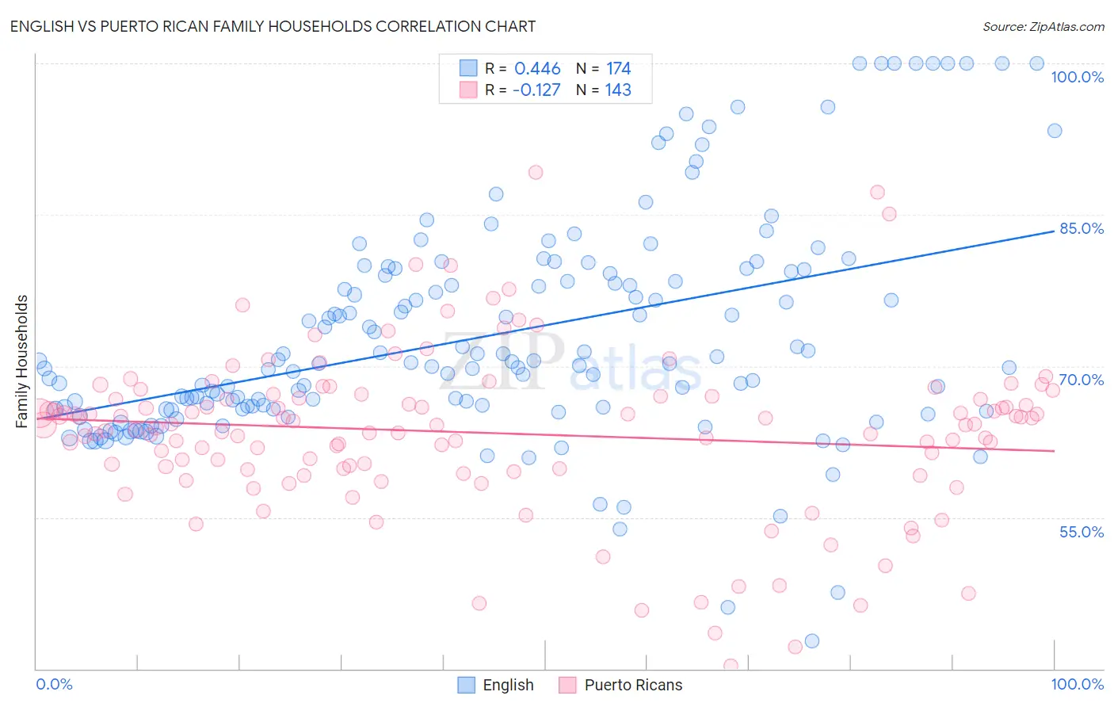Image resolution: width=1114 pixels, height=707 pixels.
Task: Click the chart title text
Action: point(273,26)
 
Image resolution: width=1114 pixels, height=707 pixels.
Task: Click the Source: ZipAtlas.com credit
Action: point(1043,26)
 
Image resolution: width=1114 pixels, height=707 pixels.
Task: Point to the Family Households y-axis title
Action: point(22,361)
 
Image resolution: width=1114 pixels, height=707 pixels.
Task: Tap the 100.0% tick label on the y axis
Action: point(1077,77)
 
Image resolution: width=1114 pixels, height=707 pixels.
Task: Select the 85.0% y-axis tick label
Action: point(1082,228)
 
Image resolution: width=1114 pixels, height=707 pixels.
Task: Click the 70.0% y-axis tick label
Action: point(1082,380)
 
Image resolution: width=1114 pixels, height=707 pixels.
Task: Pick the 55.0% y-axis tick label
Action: point(1082,532)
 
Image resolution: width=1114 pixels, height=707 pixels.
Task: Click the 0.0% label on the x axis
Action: point(54,684)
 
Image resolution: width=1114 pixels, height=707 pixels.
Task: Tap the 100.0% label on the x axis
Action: point(1077,684)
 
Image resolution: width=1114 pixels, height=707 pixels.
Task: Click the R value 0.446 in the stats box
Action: point(537,69)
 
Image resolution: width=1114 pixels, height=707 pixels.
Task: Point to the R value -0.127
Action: point(536,90)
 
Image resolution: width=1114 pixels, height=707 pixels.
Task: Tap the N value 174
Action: point(618,69)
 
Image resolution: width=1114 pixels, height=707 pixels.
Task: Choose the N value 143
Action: point(618,90)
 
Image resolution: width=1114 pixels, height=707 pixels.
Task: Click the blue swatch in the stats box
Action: point(468,69)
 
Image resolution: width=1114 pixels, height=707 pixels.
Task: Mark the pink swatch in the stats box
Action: point(468,90)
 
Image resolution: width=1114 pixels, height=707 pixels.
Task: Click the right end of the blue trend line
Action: point(1054,231)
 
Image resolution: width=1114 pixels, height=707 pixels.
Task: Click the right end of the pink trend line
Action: point(1054,450)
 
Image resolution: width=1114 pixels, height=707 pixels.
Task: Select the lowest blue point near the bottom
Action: point(811,640)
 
